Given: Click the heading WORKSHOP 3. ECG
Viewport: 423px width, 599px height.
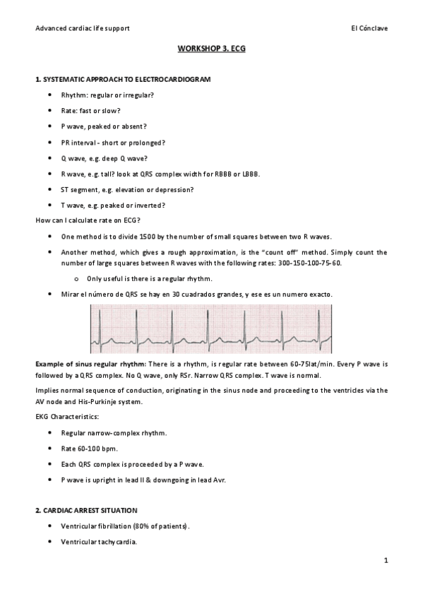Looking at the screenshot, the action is [x=211, y=51].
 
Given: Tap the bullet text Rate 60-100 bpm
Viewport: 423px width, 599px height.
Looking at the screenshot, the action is [x=89, y=448].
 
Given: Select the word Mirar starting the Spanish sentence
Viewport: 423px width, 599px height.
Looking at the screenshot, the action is [x=71, y=293].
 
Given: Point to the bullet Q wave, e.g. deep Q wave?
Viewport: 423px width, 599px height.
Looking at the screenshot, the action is [x=104, y=158].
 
